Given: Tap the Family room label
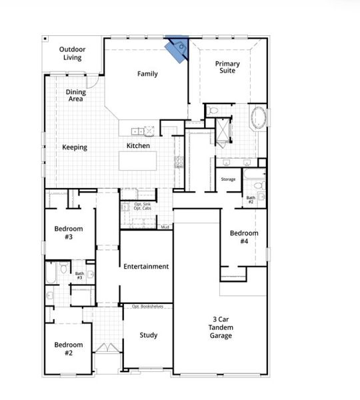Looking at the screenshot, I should pyautogui.click(x=147, y=74).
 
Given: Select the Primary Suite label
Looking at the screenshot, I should pyautogui.click(x=227, y=67).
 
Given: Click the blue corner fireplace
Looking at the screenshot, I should pyautogui.click(x=178, y=47).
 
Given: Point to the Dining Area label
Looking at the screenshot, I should pyautogui.click(x=75, y=95).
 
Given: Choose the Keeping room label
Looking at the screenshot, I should pyautogui.click(x=75, y=147).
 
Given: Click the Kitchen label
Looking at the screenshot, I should pyautogui.click(x=138, y=146).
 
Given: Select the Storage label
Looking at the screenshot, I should pyautogui.click(x=229, y=179).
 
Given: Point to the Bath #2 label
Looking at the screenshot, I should pyautogui.click(x=251, y=199).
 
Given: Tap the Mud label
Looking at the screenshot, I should pyautogui.click(x=165, y=227).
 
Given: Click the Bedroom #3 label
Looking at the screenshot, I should pyautogui.click(x=69, y=232).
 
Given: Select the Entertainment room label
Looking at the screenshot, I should pyautogui.click(x=146, y=267).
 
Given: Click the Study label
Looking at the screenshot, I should pyautogui.click(x=149, y=335).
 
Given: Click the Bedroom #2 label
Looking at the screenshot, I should pyautogui.click(x=69, y=349).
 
